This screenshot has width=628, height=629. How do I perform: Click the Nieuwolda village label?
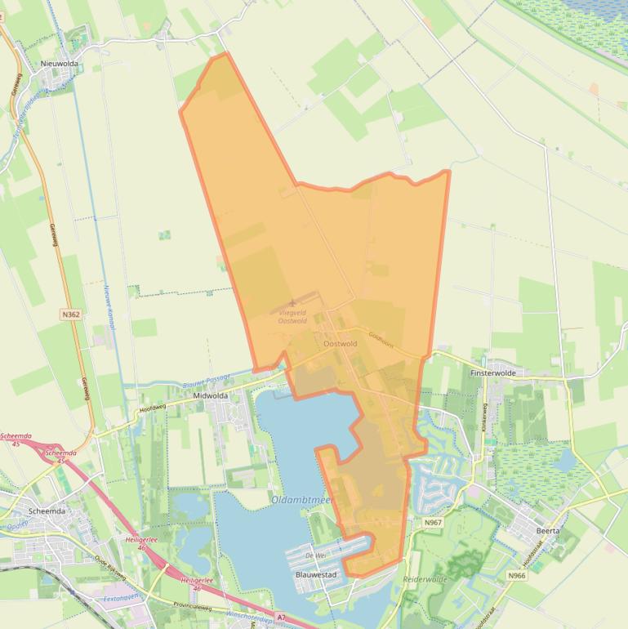tap(59, 62)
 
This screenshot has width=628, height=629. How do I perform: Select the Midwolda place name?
tap(210, 395)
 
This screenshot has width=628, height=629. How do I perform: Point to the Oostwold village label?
tap(341, 344)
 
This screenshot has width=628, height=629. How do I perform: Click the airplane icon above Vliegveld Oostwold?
tap(292, 303)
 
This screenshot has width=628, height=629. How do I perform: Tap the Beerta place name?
tap(548, 530)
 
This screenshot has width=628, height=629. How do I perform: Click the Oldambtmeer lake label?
tap(302, 499)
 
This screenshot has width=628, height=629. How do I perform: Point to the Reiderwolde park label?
tap(425, 578)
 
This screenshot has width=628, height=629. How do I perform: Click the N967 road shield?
tap(433, 522)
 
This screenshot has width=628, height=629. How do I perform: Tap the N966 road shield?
tap(516, 575)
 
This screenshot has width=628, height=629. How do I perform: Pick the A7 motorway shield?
tap(282, 618)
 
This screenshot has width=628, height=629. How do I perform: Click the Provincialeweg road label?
tap(193, 607)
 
